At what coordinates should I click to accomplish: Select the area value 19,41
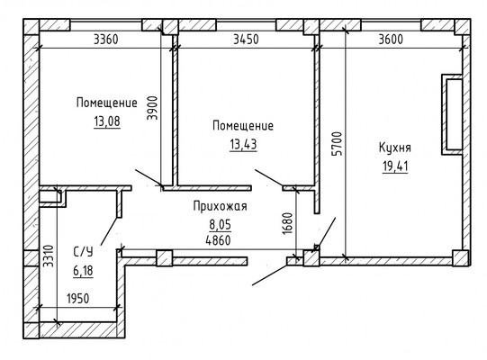[x=396, y=165]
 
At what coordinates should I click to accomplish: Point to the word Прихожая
[x=220, y=207]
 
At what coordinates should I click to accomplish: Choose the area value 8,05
[x=220, y=224]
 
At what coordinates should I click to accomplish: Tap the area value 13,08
[x=106, y=123]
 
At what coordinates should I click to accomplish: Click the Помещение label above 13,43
[x=242, y=126]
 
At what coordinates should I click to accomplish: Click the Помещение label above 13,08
[x=106, y=104]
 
